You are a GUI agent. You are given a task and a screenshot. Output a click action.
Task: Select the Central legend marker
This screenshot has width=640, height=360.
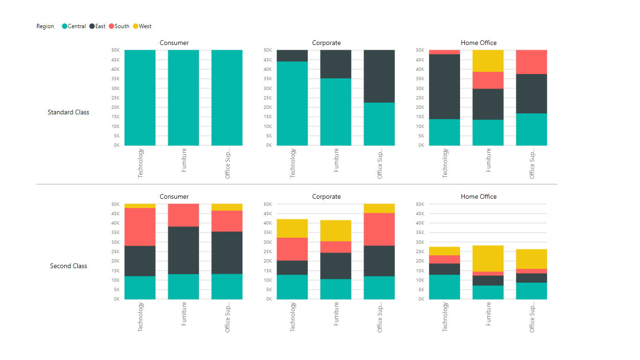point(65,26)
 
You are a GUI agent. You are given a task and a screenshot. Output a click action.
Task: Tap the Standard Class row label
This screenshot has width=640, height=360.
point(68,112)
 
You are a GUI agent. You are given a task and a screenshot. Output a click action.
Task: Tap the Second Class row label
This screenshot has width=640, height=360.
point(68,266)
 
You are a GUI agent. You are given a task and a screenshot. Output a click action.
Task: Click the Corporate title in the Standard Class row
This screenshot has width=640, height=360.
point(326,43)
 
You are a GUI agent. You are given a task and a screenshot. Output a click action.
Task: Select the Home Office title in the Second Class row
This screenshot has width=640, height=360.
point(478,196)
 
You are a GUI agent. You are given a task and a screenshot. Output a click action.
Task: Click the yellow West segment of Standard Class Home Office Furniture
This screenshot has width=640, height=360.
point(488,61)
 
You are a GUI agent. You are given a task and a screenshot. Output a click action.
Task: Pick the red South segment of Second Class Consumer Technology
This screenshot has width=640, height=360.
point(140,227)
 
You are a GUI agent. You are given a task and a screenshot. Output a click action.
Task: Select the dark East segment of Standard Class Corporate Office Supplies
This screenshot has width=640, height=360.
point(379,76)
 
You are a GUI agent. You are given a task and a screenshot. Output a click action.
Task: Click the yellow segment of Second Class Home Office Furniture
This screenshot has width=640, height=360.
point(488,258)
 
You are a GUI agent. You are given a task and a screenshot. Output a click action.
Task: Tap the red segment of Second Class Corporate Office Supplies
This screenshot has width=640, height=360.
point(379,229)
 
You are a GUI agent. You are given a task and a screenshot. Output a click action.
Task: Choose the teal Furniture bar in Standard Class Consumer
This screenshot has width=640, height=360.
point(183,97)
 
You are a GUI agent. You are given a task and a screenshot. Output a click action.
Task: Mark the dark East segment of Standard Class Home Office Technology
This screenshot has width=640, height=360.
point(444,87)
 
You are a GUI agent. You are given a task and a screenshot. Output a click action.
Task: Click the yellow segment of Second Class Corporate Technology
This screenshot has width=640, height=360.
point(292,228)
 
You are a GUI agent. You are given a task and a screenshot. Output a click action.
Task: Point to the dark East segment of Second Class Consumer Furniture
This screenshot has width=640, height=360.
point(183,250)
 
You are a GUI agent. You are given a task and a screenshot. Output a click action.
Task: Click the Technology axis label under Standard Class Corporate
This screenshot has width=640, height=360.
point(293,163)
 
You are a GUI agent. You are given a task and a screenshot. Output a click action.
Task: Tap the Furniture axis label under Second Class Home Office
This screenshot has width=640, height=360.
point(489,317)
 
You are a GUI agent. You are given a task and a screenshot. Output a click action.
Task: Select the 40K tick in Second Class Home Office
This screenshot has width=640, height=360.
point(420,223)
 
